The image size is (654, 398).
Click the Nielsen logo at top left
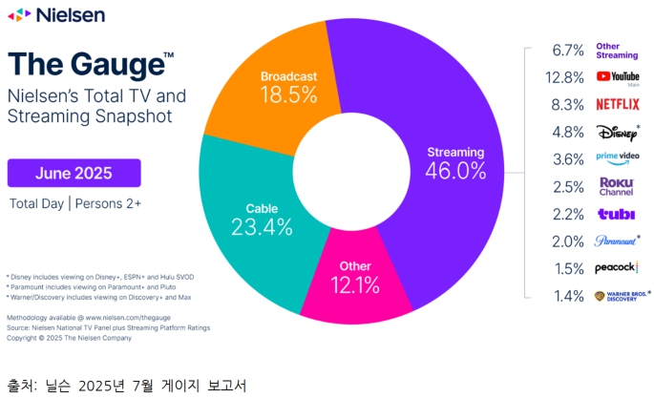55,14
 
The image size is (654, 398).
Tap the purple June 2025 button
74,173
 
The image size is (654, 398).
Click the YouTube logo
616,77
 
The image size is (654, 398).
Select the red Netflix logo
617,104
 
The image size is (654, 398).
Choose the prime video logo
617,157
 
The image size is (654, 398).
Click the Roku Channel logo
617,185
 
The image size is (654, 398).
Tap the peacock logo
616,268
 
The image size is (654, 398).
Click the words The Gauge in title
86,65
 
